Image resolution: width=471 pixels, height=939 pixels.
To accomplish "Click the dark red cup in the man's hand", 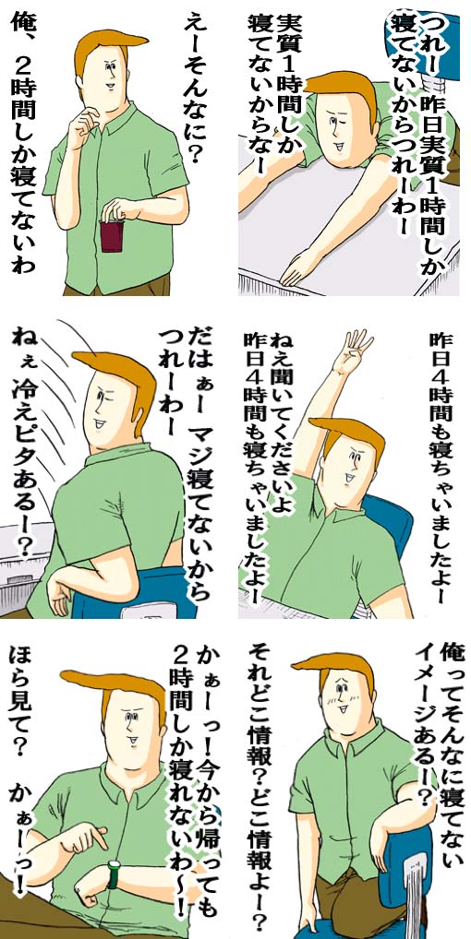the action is coord(112,234).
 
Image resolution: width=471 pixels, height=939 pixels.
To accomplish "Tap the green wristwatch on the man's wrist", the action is coord(113,874).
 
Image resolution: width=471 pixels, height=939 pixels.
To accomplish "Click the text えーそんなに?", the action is coord(196,90).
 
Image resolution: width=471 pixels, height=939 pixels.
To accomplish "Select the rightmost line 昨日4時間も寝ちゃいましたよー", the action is coord(441,468).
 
